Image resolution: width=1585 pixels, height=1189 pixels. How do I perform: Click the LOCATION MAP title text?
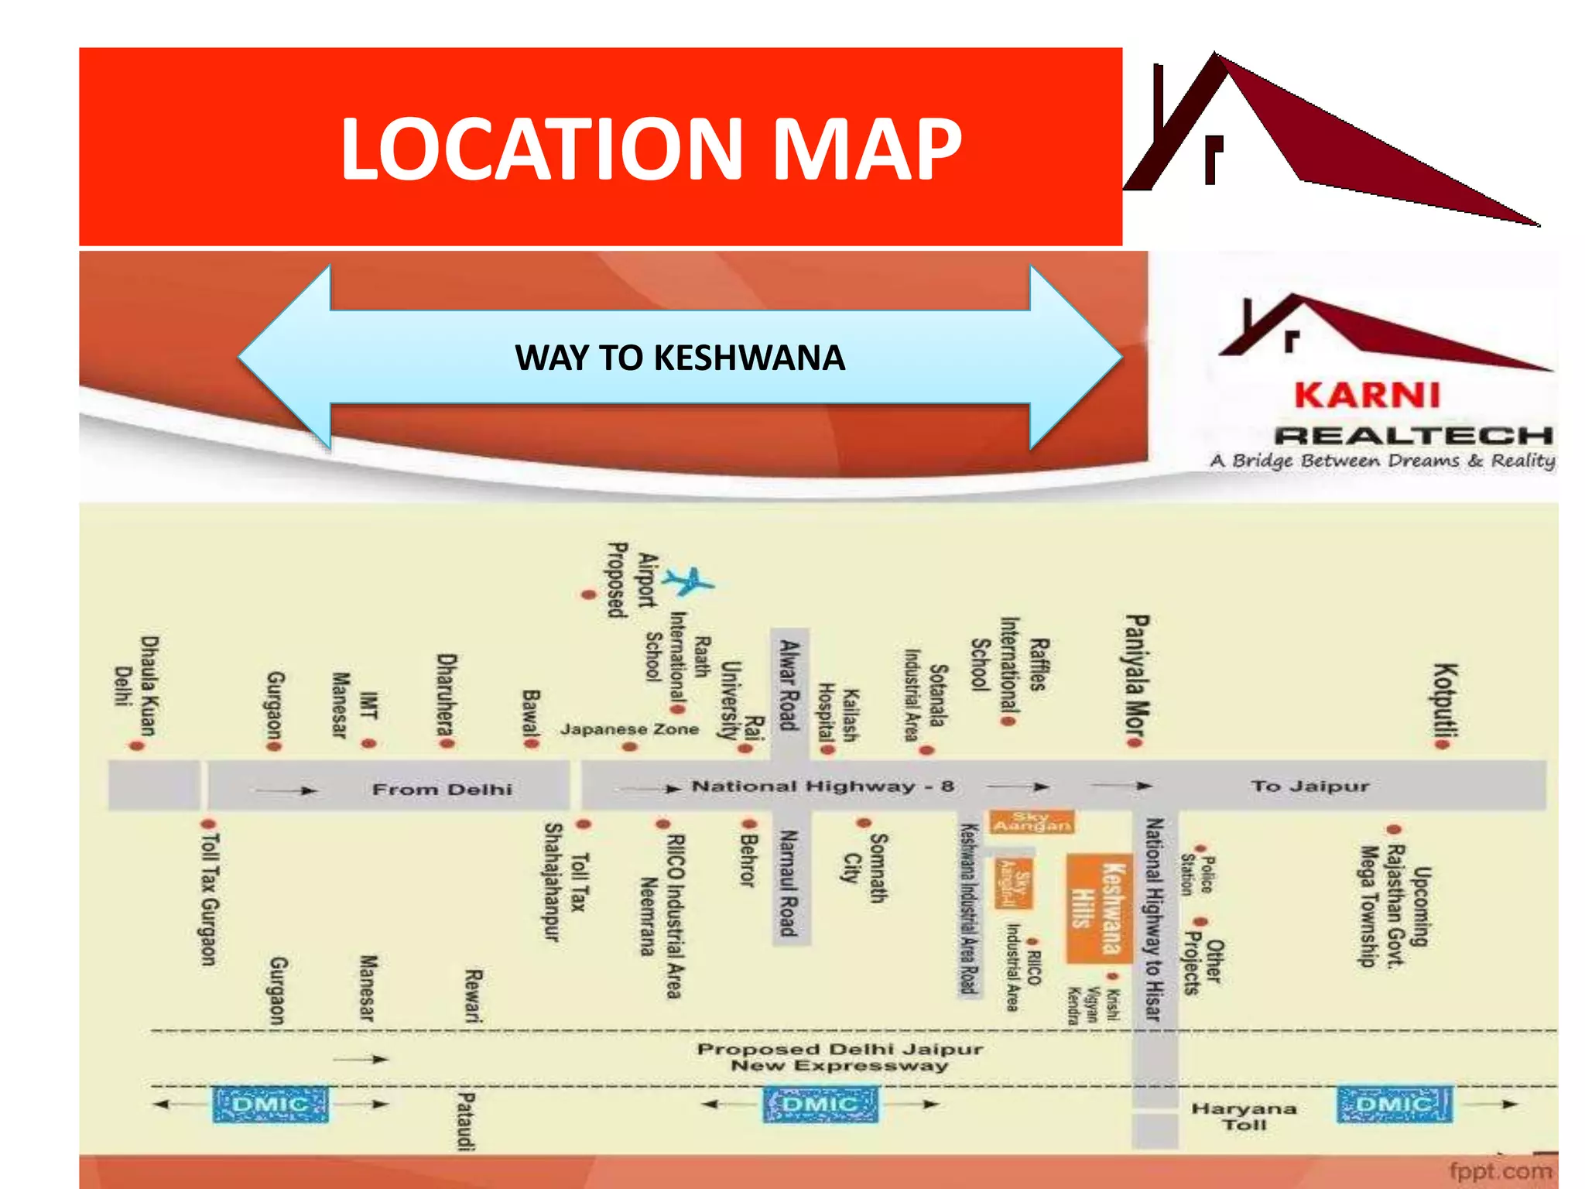point(650,149)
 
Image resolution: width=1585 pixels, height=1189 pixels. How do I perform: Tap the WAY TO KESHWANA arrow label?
point(680,358)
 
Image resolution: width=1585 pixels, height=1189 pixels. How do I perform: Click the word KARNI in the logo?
point(1367,396)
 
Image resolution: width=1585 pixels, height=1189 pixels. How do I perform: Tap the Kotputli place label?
point(1445,701)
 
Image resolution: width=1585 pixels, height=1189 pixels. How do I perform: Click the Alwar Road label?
point(789,684)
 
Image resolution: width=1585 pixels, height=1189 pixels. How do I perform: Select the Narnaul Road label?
point(789,882)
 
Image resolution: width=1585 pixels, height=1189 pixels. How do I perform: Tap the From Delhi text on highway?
point(442,790)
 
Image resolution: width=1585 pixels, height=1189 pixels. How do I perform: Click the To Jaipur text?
point(1309,786)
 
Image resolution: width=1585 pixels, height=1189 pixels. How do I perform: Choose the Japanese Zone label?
point(629,729)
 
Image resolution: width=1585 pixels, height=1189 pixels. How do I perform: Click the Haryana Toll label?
point(1244,1116)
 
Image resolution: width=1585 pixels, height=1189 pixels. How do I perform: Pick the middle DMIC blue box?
point(820,1104)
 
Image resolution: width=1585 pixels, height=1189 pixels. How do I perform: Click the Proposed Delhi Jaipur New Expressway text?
point(839,1057)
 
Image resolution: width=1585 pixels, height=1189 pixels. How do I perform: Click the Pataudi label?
point(466,1121)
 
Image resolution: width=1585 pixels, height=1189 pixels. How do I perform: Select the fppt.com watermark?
point(1500,1171)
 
